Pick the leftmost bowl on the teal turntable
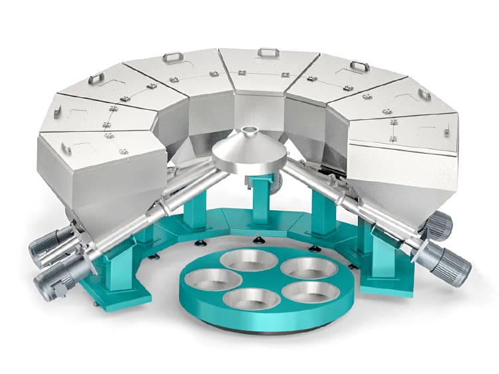tap(204, 279)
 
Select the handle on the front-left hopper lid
tap(67, 148)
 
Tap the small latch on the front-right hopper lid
tap(394, 138)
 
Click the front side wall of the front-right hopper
tap(406, 173)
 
